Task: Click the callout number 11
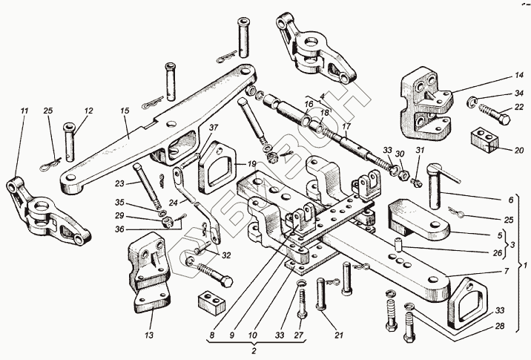tap(24, 111)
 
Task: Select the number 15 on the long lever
tap(125, 111)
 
